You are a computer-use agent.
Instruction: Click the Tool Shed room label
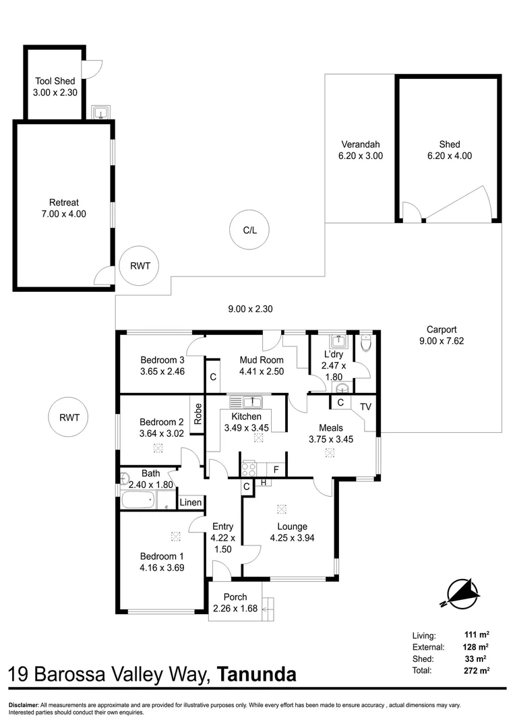tap(55, 87)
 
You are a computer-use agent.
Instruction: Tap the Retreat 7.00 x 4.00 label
tap(63, 208)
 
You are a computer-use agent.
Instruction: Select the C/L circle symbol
tap(250, 230)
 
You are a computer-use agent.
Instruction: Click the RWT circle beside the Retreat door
tap(140, 266)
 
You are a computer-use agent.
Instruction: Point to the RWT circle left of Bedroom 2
tap(69, 417)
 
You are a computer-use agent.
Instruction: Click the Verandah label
tap(360, 150)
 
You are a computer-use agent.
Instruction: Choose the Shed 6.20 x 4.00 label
tap(449, 150)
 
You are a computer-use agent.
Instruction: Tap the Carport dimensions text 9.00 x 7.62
tap(442, 341)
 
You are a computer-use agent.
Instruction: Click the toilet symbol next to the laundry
tap(365, 344)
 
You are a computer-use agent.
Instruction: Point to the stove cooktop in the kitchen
tap(248, 468)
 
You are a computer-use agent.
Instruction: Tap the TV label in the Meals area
tap(365, 406)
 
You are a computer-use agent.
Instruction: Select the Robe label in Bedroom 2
tap(198, 413)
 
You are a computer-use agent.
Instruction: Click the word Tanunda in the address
tap(257, 674)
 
